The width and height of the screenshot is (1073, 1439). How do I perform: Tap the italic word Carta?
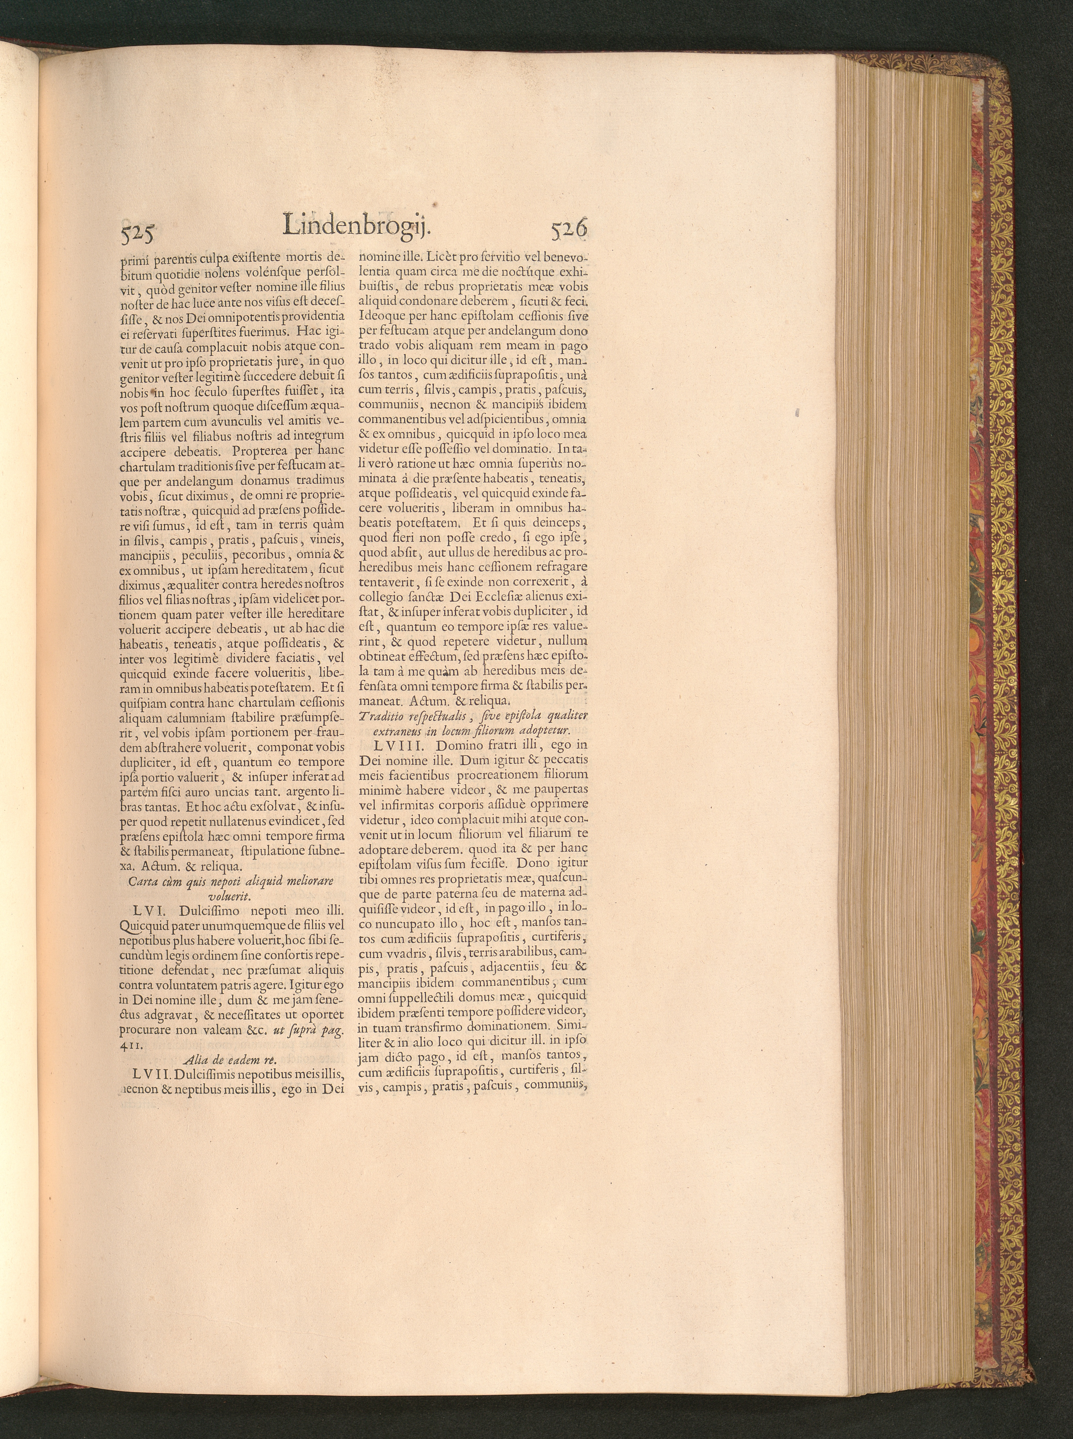tap(142, 882)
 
